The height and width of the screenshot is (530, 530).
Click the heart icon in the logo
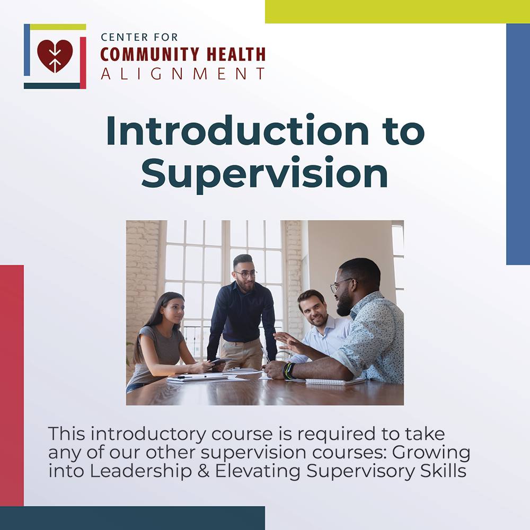55,56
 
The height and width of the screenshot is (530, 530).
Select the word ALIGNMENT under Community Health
183,74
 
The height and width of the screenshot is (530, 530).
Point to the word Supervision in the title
264,174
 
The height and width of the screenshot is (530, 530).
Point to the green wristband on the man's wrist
288,370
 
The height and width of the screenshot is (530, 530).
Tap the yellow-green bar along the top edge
397,11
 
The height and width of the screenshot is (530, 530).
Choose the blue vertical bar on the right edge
518,144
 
